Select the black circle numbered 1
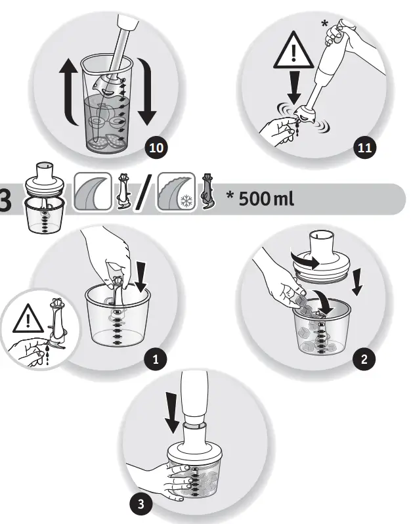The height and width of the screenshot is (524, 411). click(x=156, y=359)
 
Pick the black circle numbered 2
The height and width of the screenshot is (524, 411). click(x=364, y=359)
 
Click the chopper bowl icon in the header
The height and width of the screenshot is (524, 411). click(x=43, y=198)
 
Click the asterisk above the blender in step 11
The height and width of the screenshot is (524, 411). click(x=324, y=24)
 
